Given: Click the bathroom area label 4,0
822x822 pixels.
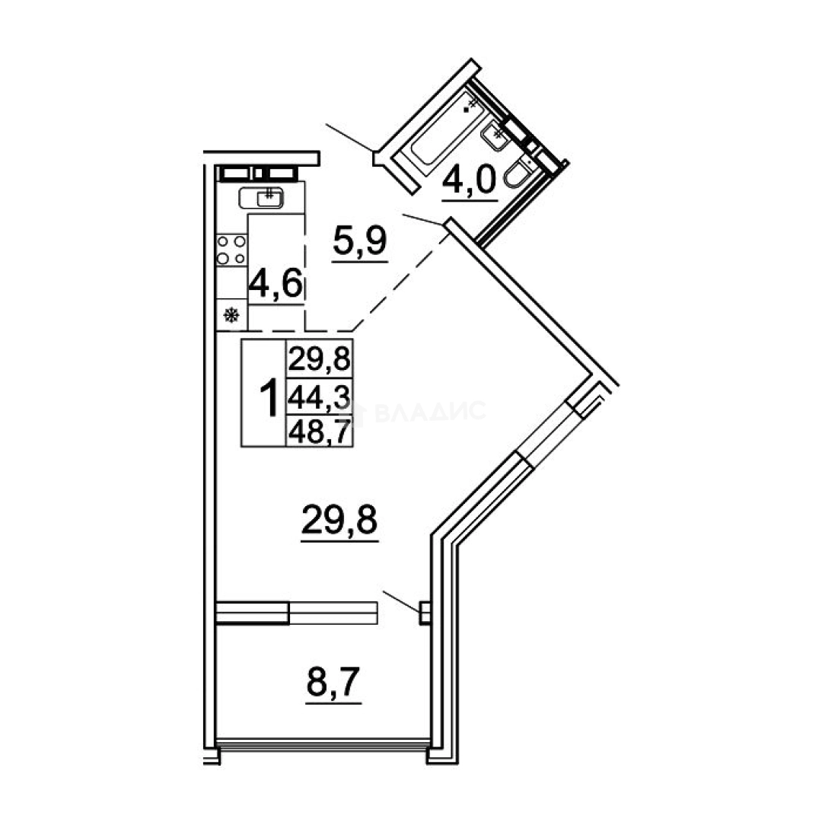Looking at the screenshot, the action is click(469, 181).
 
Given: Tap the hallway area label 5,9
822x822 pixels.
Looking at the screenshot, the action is click(360, 242).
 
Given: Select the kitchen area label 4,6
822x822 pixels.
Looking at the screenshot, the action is click(276, 285).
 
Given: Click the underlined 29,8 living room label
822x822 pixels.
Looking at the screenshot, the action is click(339, 520).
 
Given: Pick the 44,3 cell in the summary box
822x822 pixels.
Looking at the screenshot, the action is click(319, 397).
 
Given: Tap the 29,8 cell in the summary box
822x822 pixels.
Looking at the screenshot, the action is click(319, 359).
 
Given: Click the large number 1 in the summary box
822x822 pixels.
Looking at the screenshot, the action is click(269, 398).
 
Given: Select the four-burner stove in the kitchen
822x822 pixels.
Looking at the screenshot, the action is click(231, 250).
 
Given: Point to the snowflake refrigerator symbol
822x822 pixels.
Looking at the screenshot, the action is click(231, 316).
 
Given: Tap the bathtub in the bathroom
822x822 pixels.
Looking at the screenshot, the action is click(447, 131).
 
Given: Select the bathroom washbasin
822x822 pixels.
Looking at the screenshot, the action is click(494, 135).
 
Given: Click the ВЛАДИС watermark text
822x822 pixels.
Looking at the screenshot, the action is click(430, 411).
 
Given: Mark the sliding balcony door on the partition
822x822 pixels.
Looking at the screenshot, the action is click(297, 612).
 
